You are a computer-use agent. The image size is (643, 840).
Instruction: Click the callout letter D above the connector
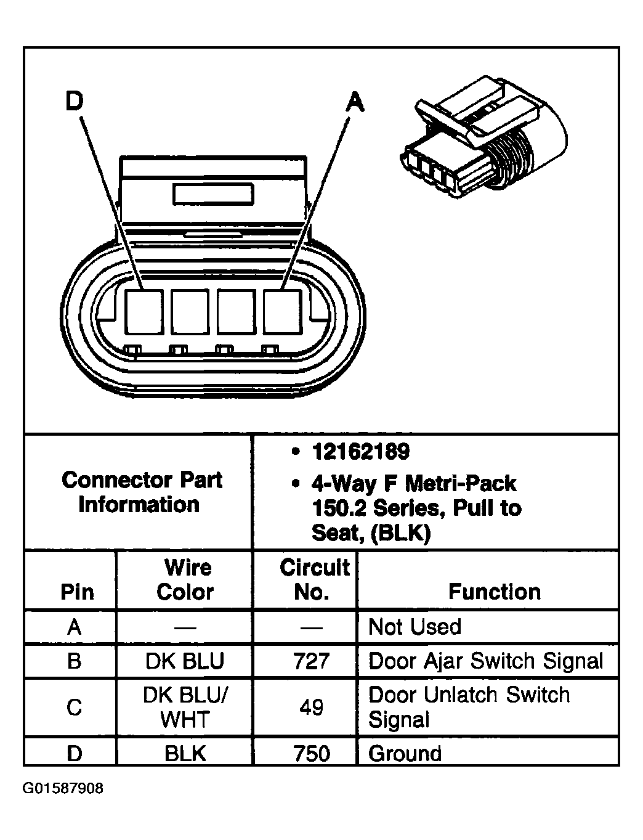(74, 102)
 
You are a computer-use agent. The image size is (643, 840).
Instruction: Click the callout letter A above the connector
(354, 102)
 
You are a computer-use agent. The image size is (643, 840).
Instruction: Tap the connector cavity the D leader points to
(144, 311)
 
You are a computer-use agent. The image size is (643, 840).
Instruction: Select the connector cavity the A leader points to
(282, 311)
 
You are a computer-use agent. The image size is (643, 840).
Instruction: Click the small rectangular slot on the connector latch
(213, 194)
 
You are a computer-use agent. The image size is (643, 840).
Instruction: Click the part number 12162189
(360, 452)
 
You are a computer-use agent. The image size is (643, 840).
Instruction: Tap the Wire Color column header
(185, 579)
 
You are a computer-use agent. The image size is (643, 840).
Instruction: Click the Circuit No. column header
(313, 579)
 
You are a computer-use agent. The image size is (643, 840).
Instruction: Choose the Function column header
(494, 592)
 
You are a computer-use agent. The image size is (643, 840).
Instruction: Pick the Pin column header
(77, 592)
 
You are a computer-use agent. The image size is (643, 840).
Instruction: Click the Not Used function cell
(415, 627)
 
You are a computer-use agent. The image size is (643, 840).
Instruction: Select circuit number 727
(312, 661)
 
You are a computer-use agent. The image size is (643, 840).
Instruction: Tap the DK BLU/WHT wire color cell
(185, 707)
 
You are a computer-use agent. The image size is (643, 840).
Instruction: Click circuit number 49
(312, 707)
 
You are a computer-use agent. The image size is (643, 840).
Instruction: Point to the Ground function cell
(405, 753)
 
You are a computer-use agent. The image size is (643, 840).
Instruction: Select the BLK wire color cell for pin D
(185, 753)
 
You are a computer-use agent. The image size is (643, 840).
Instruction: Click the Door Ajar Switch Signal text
(485, 661)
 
